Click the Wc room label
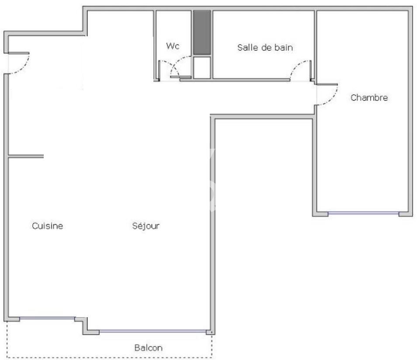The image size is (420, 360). coord(173,46)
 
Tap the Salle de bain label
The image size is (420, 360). coord(265,48)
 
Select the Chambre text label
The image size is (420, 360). coord(369,97)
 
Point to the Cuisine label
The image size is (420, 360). coord(47,226)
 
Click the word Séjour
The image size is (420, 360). coord(146,226)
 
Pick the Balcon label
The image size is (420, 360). coord(149,348)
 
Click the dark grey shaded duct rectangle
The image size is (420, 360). coord(202,32)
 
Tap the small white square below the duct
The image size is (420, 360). coord(202,67)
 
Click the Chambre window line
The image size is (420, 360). coord(363,213)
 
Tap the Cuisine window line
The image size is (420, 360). coord(47,318)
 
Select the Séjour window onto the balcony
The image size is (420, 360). coord(153,331)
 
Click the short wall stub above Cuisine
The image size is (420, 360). coord(26,156)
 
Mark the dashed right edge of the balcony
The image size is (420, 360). coord(212,346)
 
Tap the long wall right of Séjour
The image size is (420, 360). coord(213,225)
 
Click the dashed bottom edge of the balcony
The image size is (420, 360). coord(109,357)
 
